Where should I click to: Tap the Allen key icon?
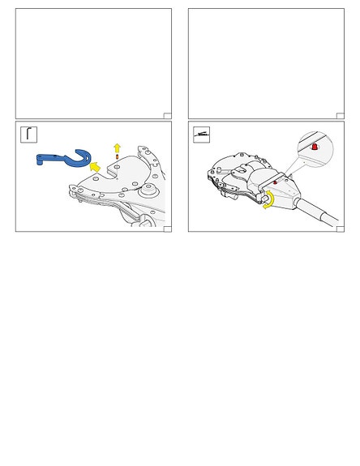point(28,134)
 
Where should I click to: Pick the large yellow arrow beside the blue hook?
point(96,168)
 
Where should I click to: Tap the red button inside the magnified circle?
point(315,147)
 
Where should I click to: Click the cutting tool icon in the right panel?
point(200,134)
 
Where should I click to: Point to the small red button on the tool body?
point(274,182)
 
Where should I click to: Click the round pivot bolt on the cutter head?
point(148,191)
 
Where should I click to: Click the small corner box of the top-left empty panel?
point(167,116)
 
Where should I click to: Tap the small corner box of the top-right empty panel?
point(340,116)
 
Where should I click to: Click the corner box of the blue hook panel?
point(167,229)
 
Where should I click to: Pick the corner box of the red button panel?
point(340,229)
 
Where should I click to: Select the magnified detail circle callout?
point(315,147)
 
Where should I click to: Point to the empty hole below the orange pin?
point(118,166)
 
